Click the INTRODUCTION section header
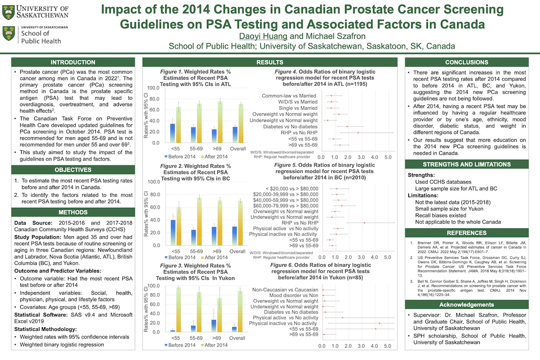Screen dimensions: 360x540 coord(72,62)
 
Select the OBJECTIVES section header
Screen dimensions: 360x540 coord(72,170)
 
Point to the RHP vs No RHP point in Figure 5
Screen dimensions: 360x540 coord(364,223)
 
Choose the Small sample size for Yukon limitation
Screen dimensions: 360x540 coord(445,209)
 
